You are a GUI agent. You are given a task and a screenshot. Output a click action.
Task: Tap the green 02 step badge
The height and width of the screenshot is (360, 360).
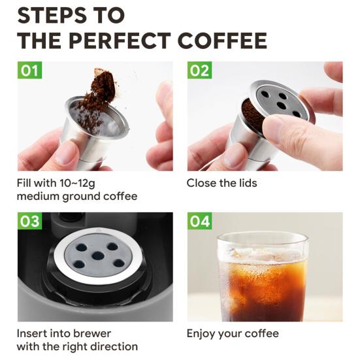pos(200,71)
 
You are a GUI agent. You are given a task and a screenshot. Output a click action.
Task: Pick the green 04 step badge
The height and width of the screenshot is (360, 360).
pos(200,221)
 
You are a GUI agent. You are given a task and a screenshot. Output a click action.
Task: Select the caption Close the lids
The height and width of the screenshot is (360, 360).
pos(221,183)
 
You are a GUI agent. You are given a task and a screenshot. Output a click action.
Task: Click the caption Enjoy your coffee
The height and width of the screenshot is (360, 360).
pos(233,334)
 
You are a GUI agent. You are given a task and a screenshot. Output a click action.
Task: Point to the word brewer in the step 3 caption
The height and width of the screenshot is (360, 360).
pos(93,334)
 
